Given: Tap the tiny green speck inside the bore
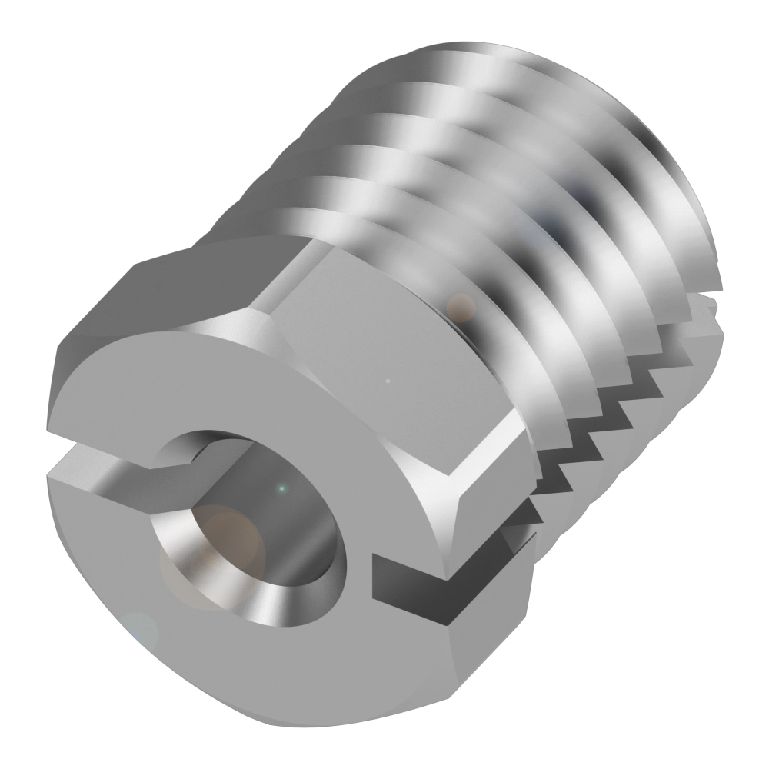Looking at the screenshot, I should [281, 487].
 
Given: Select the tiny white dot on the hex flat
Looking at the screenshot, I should [388, 379].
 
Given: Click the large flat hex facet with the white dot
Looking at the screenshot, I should [384, 361].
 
